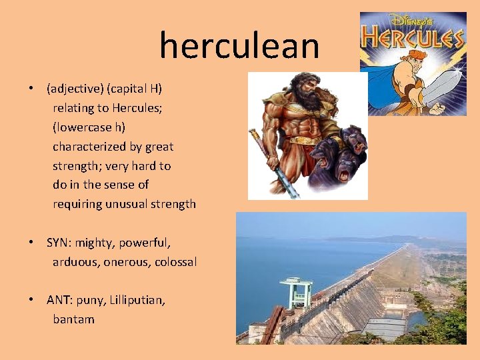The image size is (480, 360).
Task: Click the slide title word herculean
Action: [239, 46]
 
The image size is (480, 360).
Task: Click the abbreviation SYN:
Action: [61, 243]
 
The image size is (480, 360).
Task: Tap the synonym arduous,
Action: [76, 262]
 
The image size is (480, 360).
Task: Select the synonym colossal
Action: [175, 262]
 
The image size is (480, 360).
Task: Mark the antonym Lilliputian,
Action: [137, 300]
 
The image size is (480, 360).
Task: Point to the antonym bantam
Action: [74, 319]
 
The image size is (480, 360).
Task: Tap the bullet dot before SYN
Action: [31, 243]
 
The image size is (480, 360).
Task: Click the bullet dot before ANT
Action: [31, 300]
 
